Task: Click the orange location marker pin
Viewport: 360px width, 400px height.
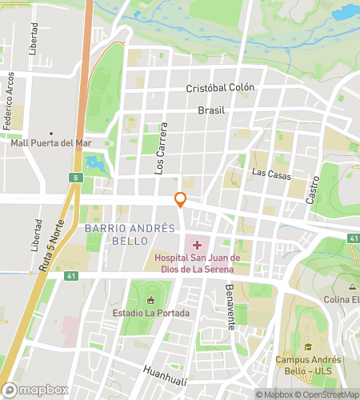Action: coord(181,200)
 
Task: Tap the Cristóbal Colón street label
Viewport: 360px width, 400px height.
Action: coord(220,88)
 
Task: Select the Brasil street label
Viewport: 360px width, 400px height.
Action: coord(212,110)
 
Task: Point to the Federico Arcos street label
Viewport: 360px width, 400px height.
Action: coord(9,101)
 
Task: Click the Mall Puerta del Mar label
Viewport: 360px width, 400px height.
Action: coord(51,143)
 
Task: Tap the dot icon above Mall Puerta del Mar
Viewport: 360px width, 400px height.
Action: coord(51,133)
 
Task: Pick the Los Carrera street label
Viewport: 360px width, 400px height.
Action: coord(162,149)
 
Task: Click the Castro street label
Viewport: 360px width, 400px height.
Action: coord(314,189)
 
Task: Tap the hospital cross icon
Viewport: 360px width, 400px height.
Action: coord(198,242)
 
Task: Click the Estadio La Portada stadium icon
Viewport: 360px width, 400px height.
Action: coord(150,300)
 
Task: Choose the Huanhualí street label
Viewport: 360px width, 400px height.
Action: coord(165,370)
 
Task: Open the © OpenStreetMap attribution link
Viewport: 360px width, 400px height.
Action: coord(327,394)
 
